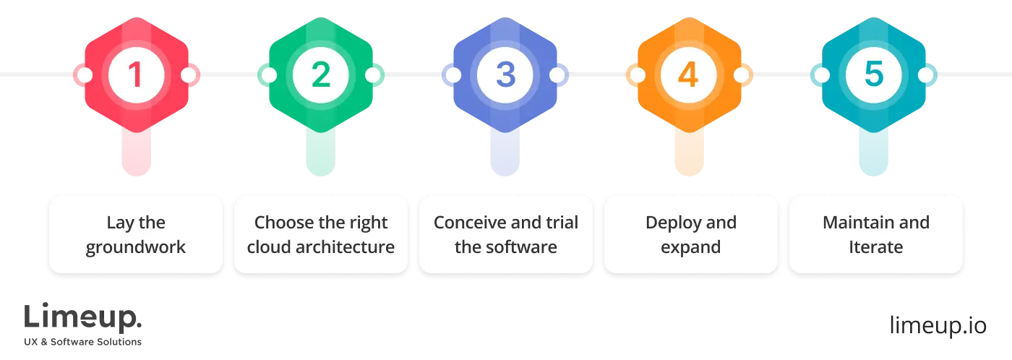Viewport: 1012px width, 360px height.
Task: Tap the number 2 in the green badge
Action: (x=320, y=75)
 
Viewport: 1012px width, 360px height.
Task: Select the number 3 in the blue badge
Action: (x=505, y=75)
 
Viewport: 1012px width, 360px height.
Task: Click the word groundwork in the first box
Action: (x=136, y=247)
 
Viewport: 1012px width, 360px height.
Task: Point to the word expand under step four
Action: (x=691, y=247)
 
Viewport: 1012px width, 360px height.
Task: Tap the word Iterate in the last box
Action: (x=875, y=247)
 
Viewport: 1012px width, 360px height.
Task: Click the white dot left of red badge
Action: (x=84, y=75)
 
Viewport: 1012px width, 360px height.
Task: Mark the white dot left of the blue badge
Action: (x=453, y=75)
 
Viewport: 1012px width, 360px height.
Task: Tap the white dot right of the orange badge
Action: (x=742, y=75)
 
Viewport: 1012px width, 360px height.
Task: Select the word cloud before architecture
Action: (x=268, y=247)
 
